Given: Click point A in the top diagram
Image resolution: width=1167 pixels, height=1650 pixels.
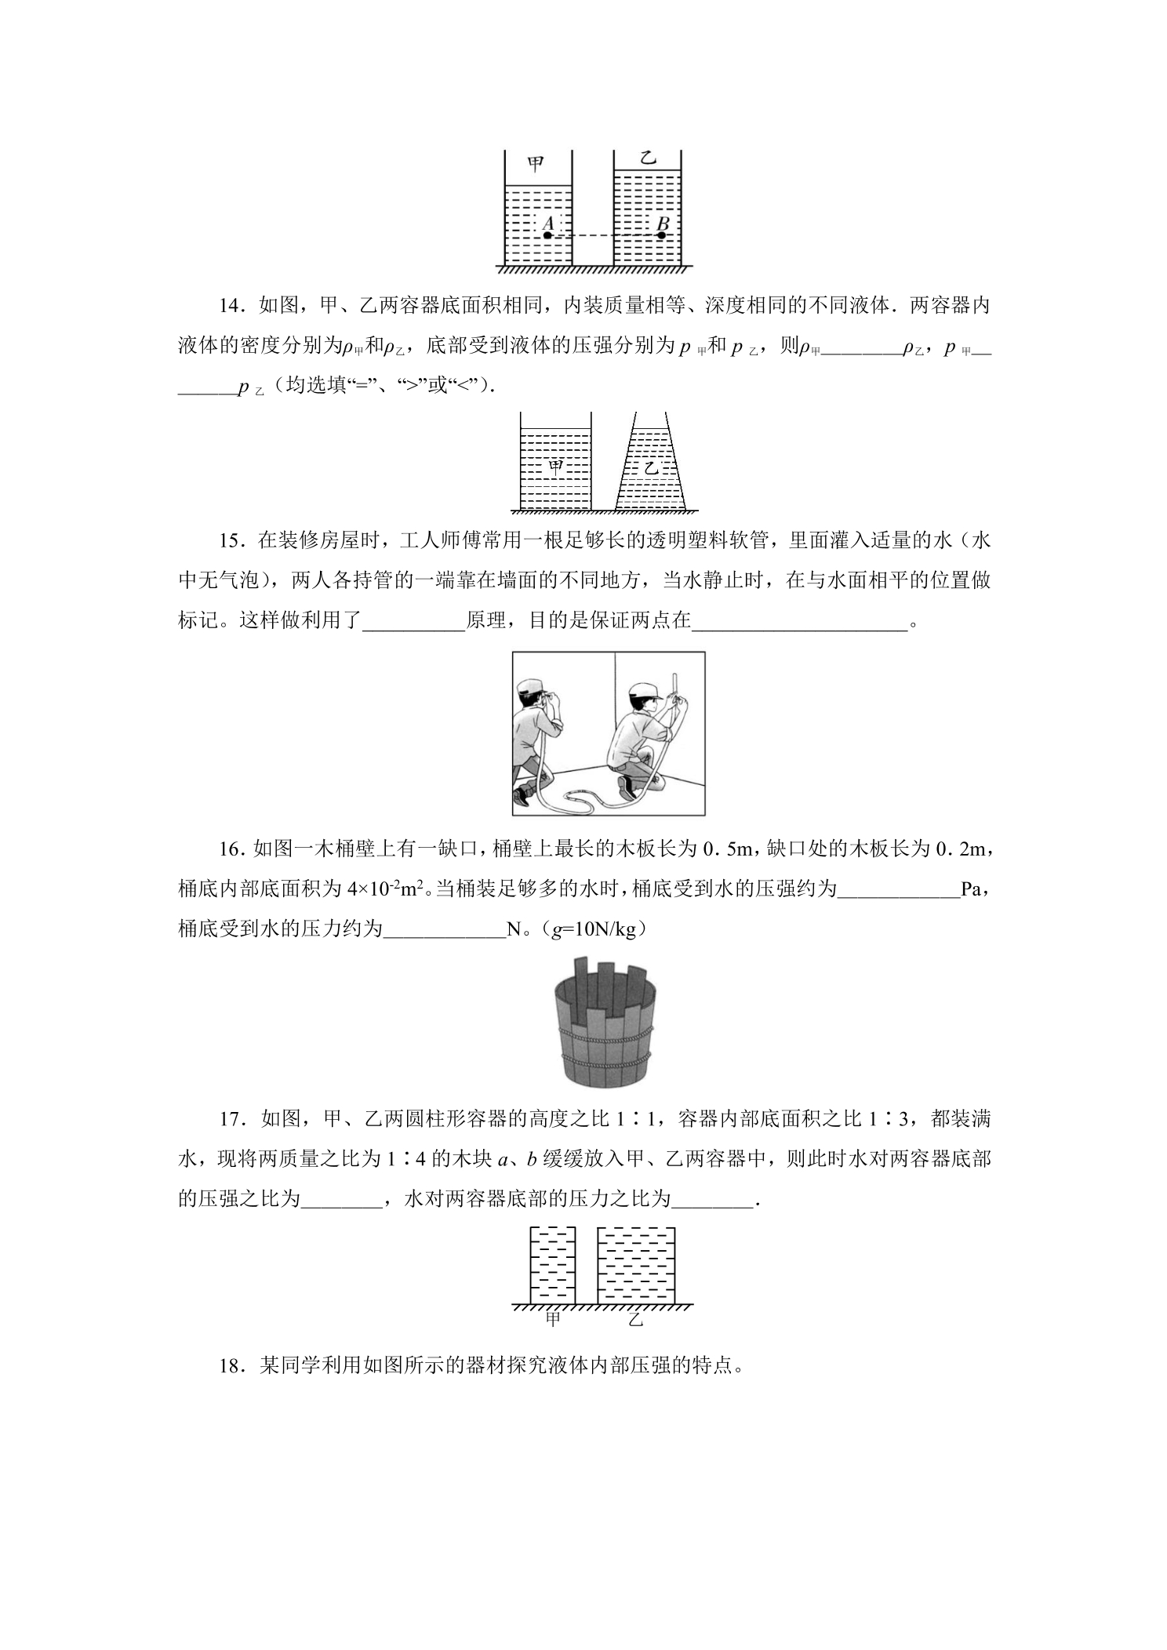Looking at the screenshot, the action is tap(547, 234).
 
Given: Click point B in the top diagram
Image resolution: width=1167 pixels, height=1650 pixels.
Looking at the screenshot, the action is tap(662, 234).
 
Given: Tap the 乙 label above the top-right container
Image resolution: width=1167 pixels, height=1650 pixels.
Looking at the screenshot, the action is tap(647, 158).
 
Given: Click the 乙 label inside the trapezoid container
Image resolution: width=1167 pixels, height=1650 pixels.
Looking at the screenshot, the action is tap(651, 468).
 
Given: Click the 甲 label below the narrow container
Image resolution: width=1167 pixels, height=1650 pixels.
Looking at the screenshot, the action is tap(553, 1319).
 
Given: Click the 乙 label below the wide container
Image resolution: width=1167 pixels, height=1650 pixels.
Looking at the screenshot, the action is tap(636, 1319).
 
